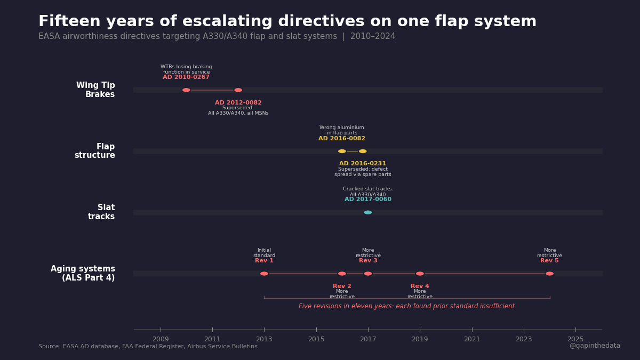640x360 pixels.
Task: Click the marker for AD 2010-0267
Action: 186,90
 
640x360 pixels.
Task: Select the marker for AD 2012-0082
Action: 238,90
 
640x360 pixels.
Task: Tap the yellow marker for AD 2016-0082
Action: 342,151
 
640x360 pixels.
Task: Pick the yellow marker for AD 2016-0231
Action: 363,151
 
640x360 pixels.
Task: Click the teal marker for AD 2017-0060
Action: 368,212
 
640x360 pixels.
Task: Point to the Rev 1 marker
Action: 264,274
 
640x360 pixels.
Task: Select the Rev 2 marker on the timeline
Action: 342,274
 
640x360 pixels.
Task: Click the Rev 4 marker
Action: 420,274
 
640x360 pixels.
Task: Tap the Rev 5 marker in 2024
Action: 549,274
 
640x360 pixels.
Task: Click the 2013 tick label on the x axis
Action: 264,339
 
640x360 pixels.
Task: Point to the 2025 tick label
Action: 575,339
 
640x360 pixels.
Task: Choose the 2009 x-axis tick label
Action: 161,339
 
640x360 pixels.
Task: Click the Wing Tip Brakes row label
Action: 95,90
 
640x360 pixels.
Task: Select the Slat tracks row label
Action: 101,212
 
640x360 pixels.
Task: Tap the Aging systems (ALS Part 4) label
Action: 83,274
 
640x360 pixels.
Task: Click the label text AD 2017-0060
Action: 368,199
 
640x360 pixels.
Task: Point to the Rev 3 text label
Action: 368,261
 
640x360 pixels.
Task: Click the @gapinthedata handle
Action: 595,346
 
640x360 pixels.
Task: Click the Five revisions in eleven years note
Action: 406,306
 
